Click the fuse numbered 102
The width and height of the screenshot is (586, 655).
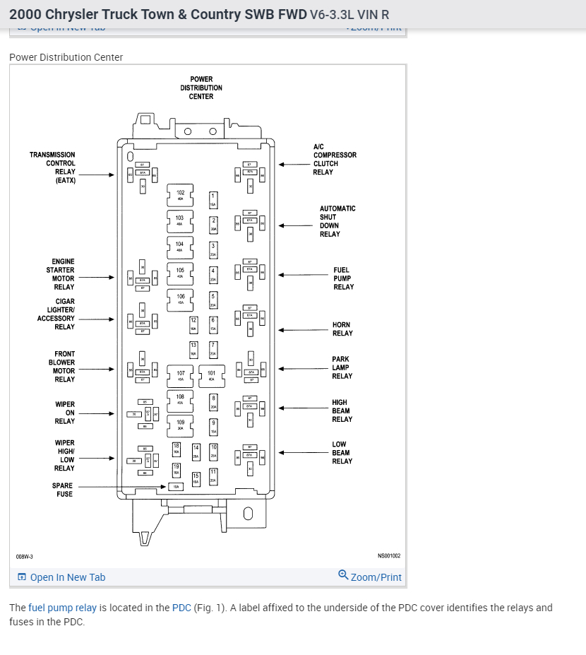(180, 195)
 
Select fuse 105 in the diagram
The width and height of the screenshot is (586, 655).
(180, 273)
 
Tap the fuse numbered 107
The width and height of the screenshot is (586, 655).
(181, 375)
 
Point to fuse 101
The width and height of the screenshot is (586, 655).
(212, 375)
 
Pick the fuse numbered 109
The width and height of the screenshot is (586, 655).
(181, 425)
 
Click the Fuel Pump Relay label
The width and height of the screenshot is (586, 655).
(343, 278)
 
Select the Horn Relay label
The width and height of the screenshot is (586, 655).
(342, 329)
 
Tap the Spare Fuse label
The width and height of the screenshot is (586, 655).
(64, 490)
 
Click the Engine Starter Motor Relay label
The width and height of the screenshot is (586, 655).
(61, 274)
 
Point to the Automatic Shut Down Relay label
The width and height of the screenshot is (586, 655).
(337, 221)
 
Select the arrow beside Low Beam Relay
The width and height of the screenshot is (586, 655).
(295, 453)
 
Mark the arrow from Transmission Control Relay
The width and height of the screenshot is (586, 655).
(100, 175)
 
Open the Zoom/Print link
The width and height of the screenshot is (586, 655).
(370, 577)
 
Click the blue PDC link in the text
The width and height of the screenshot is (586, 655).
(181, 608)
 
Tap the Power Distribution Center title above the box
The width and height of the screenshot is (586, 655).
(201, 88)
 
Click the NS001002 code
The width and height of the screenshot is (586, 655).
(388, 556)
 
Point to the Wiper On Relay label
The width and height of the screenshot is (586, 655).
(65, 413)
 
